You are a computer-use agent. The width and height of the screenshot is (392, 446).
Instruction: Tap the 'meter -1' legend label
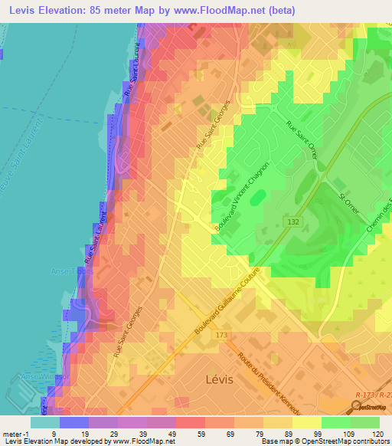click(x=15, y=433)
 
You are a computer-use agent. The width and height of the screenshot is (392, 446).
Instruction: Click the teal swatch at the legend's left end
click(x=44, y=421)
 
